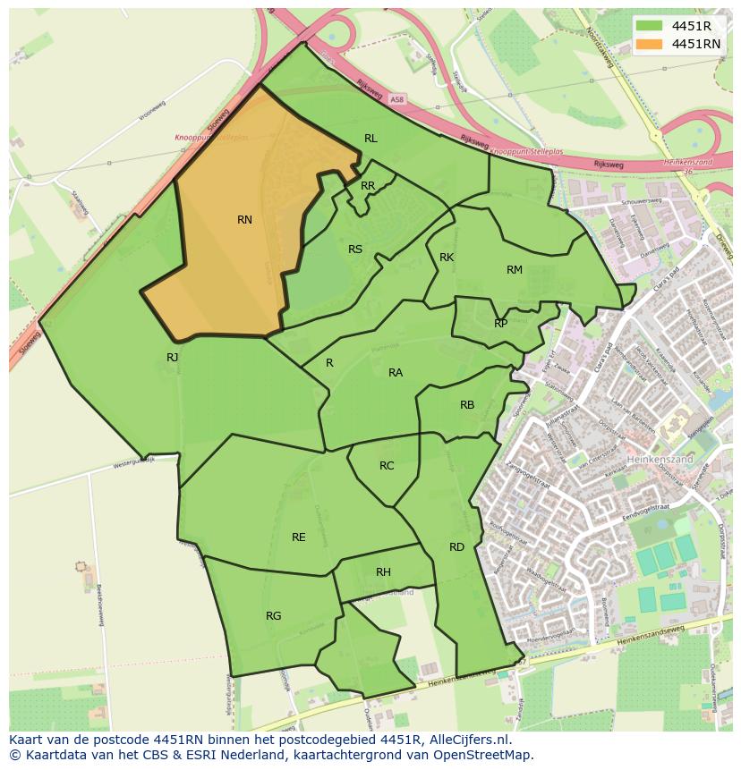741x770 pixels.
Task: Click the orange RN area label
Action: (x=244, y=220)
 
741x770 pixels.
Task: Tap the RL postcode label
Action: (x=370, y=138)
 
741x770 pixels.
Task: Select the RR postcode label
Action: (x=368, y=186)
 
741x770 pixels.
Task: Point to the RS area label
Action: (x=355, y=250)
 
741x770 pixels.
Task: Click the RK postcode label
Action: (x=447, y=258)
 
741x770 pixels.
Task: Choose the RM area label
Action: (x=514, y=270)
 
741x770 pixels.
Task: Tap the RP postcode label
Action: (x=500, y=324)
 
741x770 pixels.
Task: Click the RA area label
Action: (x=396, y=373)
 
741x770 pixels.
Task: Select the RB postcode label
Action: (x=467, y=405)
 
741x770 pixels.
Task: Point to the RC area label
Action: (x=387, y=466)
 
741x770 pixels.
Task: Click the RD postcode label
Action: (x=456, y=547)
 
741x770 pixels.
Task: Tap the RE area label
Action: (x=299, y=537)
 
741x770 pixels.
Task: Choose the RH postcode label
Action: (x=383, y=572)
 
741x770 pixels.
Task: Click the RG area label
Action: (x=274, y=615)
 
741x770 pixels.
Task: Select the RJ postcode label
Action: (x=173, y=358)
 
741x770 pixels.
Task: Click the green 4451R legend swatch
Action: (x=650, y=26)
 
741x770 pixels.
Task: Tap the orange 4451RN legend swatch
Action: (x=650, y=44)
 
